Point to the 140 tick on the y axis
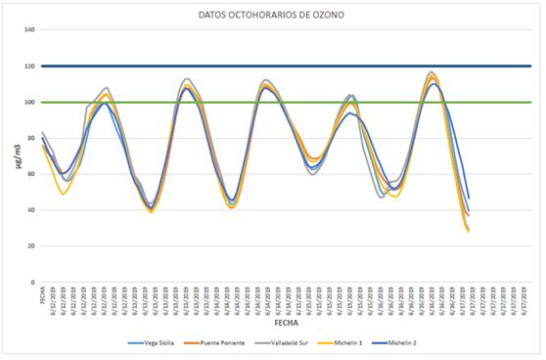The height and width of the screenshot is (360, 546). (29, 30)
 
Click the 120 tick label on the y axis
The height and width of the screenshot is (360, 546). (29, 67)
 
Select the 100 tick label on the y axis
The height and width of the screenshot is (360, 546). (29, 103)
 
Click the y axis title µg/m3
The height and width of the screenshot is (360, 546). (15, 157)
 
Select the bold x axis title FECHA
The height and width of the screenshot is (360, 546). (286, 321)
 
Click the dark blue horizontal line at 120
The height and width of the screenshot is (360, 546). (294, 67)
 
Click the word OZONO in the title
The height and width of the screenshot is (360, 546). (334, 17)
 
